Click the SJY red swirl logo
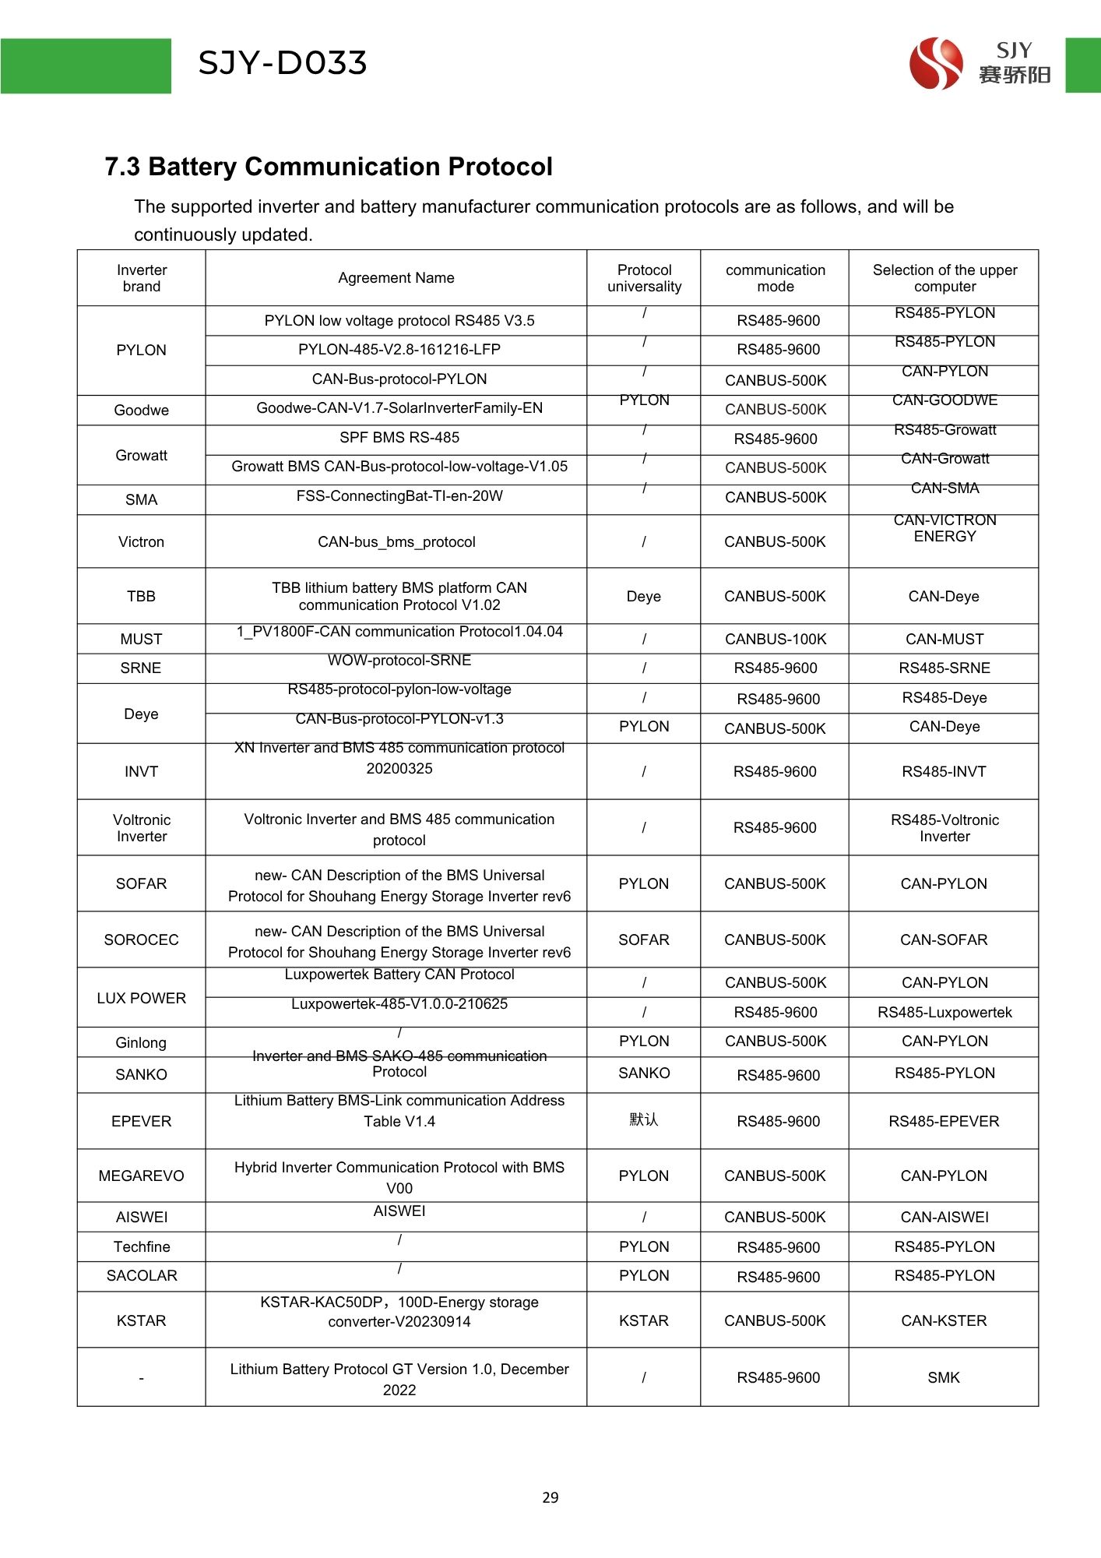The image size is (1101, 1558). [936, 63]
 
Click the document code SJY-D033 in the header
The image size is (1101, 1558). [283, 63]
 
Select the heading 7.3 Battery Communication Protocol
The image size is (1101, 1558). [329, 167]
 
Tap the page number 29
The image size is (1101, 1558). [550, 1497]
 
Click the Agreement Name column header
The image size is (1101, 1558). [396, 278]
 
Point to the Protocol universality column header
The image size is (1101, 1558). [644, 278]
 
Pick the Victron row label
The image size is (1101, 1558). [141, 542]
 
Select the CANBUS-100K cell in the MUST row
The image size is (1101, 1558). [776, 640]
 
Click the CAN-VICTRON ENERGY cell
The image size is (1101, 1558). [944, 528]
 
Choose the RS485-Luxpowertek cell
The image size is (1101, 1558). [944, 1013]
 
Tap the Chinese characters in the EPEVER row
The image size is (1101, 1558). [644, 1119]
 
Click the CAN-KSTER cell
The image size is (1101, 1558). [944, 1321]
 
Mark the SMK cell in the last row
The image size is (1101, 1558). [944, 1378]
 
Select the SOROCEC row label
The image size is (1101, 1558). [141, 940]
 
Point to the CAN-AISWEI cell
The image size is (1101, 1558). [944, 1218]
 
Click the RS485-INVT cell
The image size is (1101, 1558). [944, 772]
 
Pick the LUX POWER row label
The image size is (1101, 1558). [141, 999]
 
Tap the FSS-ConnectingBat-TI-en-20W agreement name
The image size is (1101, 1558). [399, 496]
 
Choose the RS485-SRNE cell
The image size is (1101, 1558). [944, 668]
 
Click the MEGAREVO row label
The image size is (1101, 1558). [141, 1176]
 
